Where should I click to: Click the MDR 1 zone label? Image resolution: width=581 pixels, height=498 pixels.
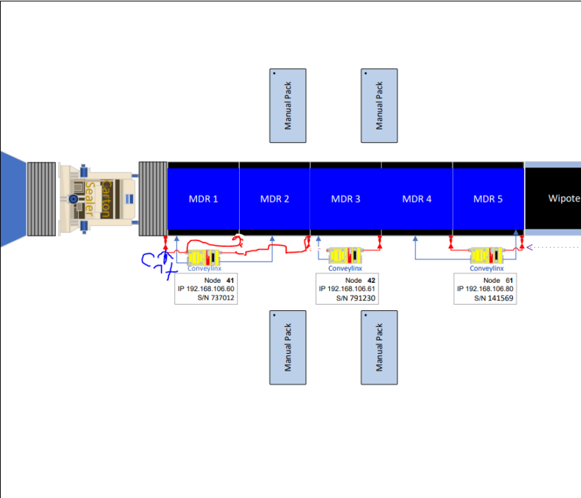[203, 199]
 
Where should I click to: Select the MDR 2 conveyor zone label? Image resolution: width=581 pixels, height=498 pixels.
[274, 199]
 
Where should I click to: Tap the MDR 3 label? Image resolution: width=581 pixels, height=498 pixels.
[345, 199]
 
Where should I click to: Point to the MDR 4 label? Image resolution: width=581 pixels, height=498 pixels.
[416, 199]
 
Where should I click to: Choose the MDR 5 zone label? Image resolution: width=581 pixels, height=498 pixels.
[487, 199]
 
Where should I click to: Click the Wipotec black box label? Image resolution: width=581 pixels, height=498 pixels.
[563, 199]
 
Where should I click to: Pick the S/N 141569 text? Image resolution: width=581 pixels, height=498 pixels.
[495, 298]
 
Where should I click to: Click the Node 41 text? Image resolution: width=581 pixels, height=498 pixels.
[219, 280]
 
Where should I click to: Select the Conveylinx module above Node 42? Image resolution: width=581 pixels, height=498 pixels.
[346, 255]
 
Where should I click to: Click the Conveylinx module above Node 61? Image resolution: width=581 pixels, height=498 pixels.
[487, 255]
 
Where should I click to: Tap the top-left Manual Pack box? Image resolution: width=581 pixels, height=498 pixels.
[288, 106]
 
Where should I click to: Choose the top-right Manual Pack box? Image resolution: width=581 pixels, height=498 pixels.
[379, 106]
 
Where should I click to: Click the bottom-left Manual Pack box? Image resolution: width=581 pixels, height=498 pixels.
[288, 347]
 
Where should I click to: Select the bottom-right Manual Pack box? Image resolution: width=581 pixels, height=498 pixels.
[379, 347]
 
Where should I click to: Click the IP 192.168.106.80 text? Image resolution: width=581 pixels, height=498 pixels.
[487, 289]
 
